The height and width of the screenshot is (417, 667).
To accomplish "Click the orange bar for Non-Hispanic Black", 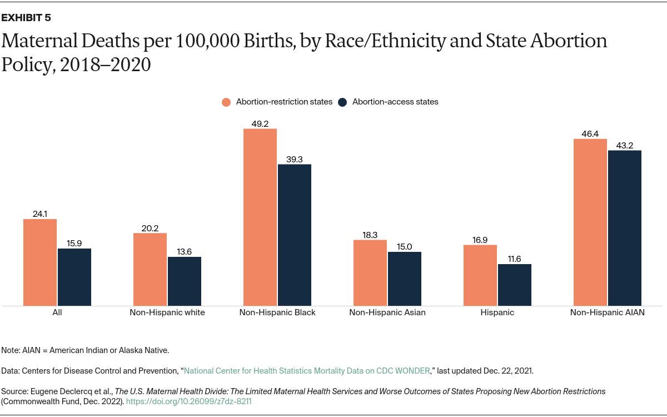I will [260, 217].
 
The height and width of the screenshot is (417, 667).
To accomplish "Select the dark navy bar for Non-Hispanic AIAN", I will [624, 228].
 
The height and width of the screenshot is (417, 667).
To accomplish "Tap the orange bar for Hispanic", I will [480, 275].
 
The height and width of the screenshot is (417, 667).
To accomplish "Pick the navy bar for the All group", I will [74, 277].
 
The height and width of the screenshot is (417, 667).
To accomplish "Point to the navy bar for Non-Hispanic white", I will [184, 281].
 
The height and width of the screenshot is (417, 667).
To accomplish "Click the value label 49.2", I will [260, 124].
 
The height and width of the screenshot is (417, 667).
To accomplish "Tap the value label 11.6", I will [514, 259].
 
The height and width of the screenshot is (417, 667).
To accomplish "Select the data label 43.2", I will [624, 146].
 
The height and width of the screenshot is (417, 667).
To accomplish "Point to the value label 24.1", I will [40, 214].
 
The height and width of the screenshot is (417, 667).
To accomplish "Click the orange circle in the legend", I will [226, 102].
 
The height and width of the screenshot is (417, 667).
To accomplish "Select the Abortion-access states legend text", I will [395, 102].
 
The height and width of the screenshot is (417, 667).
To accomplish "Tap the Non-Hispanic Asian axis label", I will [387, 312].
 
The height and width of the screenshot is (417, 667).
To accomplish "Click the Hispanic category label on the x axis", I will [497, 312].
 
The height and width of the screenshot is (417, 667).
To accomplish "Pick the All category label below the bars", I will [57, 312].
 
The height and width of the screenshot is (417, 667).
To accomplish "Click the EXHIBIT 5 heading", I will [26, 18].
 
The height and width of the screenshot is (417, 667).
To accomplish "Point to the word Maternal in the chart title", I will [43, 42].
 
